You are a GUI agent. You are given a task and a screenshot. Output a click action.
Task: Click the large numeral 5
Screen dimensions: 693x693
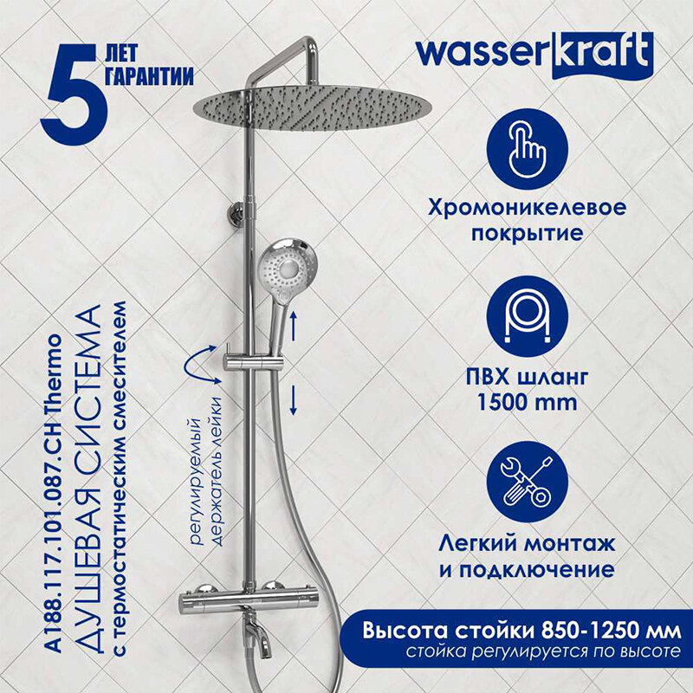[74, 94]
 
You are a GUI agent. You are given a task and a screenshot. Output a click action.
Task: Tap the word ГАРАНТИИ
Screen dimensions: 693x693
[150, 76]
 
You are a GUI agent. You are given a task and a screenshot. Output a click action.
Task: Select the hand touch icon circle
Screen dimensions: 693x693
[528, 149]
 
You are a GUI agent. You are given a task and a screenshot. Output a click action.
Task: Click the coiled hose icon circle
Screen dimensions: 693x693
[528, 317]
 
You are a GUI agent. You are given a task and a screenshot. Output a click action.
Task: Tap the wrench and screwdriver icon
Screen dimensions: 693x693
[528, 483]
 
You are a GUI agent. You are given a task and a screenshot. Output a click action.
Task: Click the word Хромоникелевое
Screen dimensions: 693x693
[528, 208]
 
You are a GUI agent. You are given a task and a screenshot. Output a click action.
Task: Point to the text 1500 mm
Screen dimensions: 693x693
[528, 403]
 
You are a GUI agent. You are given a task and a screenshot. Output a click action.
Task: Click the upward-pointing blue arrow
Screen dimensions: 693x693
[293, 326]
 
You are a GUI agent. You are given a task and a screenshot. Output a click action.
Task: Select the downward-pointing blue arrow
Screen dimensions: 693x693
[293, 400]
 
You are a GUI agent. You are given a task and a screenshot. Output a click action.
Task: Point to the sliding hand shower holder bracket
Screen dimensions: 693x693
[253, 363]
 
